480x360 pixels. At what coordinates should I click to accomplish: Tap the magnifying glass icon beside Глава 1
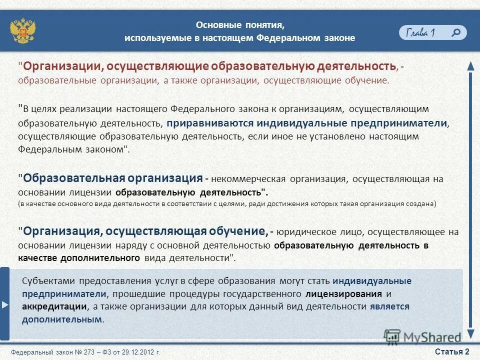(456, 32)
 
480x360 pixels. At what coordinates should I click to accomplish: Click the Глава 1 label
(420, 33)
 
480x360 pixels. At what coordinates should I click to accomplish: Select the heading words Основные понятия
(240, 25)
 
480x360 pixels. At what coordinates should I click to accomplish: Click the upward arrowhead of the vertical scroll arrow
(470, 65)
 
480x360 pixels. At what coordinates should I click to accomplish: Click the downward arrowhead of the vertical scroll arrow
(470, 334)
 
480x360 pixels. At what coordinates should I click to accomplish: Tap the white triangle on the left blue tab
(4, 304)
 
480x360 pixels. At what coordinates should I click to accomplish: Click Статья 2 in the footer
(452, 351)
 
